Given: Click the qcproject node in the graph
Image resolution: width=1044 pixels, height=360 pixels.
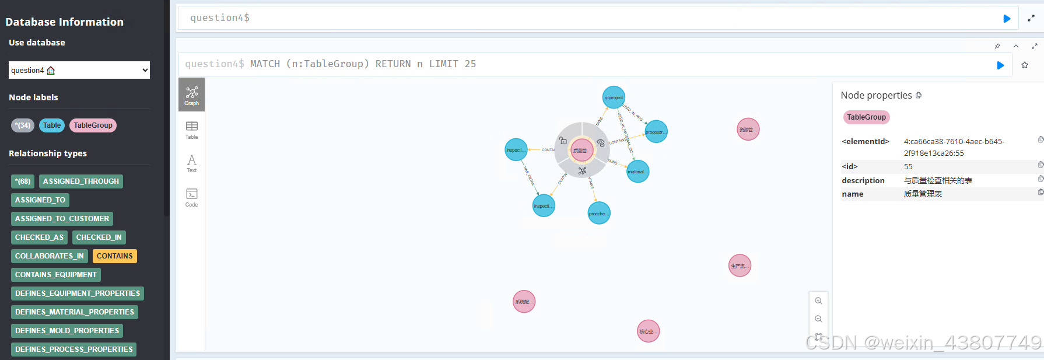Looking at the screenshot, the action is [x=614, y=97].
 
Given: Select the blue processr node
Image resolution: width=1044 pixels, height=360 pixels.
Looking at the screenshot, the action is [x=656, y=132].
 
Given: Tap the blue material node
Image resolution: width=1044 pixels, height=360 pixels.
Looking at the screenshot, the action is [x=637, y=172].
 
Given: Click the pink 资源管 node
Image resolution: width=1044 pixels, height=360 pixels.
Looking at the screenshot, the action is [x=748, y=130].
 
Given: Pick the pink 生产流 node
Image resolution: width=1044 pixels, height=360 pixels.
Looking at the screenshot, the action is [x=740, y=266].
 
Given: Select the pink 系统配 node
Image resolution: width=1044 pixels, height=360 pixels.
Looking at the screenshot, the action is [x=524, y=302].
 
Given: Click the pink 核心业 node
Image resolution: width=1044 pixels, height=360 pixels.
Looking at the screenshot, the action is [x=648, y=331].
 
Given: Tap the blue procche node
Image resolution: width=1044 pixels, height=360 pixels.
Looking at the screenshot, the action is [x=599, y=214].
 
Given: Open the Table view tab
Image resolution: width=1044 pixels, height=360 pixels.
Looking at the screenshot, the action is [x=191, y=130].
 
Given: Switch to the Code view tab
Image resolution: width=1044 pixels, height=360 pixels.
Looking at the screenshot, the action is [x=191, y=197].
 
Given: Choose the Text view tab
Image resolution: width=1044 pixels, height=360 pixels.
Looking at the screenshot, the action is [x=191, y=163].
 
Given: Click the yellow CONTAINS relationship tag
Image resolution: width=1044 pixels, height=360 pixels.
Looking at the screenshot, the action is [x=114, y=256].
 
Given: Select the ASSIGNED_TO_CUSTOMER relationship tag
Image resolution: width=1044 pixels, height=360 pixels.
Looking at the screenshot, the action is [x=62, y=219].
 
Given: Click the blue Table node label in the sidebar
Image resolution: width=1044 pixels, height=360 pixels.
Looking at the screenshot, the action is [x=52, y=125].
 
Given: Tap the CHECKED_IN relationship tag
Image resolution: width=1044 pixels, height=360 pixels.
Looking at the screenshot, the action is [x=99, y=237].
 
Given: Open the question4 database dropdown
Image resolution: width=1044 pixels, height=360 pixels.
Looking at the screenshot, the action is [x=79, y=70].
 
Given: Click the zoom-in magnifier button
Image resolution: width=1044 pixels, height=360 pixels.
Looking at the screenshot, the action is [x=818, y=301].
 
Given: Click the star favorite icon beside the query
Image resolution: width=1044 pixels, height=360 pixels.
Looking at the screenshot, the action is [x=1025, y=65].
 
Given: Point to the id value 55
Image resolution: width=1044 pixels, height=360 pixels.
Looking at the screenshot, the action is [x=908, y=167].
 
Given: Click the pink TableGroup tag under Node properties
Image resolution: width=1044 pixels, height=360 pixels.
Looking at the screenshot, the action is [x=866, y=117].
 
